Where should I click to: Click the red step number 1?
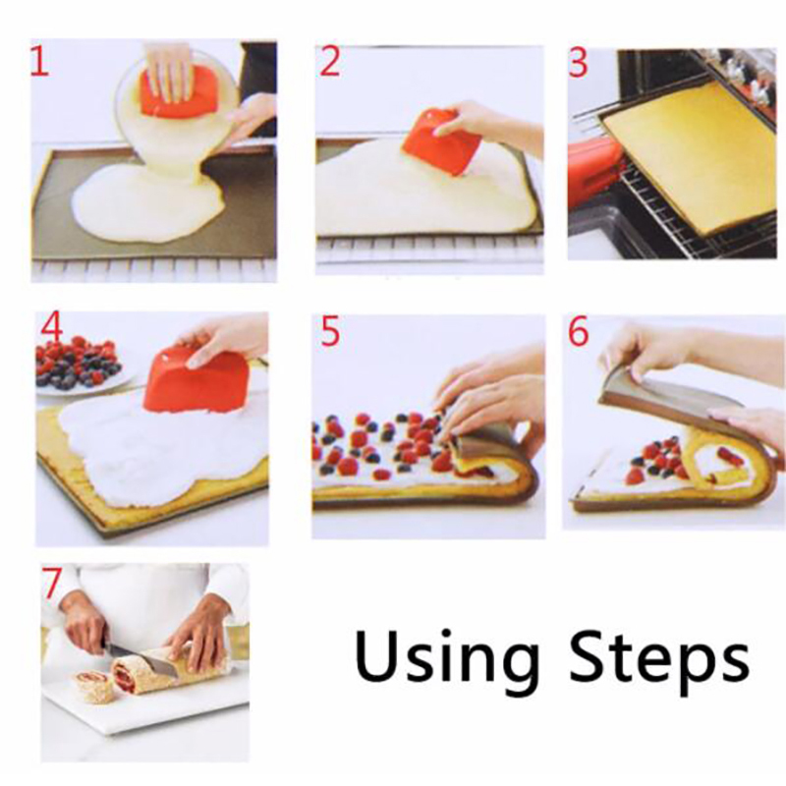tap(39, 61)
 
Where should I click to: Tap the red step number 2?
tap(330, 61)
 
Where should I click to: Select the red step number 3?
tap(578, 64)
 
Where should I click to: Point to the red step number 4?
tap(52, 329)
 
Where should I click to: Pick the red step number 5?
tap(330, 331)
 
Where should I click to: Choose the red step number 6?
tap(578, 331)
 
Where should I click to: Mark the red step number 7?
tap(52, 584)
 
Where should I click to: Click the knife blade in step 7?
tap(140, 657)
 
